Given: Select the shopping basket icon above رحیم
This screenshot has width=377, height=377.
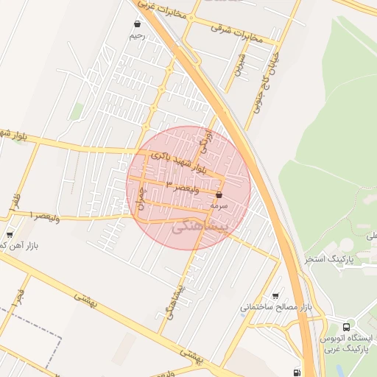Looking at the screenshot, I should pos(137,24).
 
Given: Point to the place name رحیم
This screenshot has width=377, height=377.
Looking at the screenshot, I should pos(137,35).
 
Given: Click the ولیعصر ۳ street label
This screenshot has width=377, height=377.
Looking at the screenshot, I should pos(182,186).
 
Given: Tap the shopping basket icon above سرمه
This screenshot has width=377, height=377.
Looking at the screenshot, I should pos(219,194).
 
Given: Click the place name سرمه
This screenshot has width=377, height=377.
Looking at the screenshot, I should pos(220,207).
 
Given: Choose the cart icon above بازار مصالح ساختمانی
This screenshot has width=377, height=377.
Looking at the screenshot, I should pos(275,295).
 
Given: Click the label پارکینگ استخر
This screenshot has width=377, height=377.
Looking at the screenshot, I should pos(329,260).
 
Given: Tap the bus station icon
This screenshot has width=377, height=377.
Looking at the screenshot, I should pos(347,325).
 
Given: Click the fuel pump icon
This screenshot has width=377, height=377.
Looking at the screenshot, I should pos(296,373).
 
